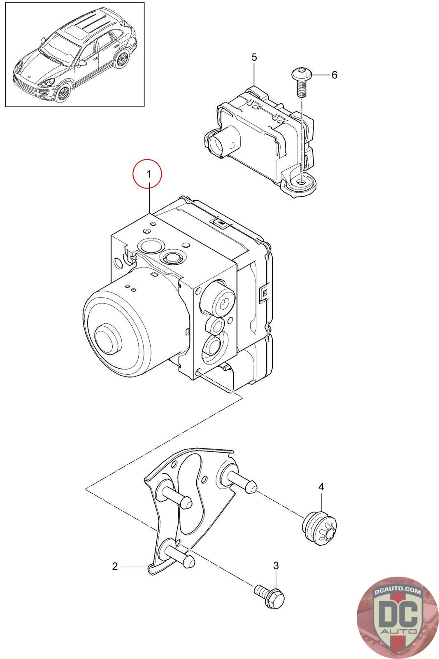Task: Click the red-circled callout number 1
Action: click(x=147, y=175)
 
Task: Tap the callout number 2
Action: click(x=115, y=567)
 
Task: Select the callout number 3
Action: click(x=276, y=566)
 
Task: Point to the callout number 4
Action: click(x=321, y=487)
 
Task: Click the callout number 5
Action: click(x=254, y=57)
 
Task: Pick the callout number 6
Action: click(x=334, y=75)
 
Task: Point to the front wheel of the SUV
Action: click(x=63, y=92)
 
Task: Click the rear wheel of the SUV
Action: click(x=122, y=59)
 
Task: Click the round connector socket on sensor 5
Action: click(x=218, y=144)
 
